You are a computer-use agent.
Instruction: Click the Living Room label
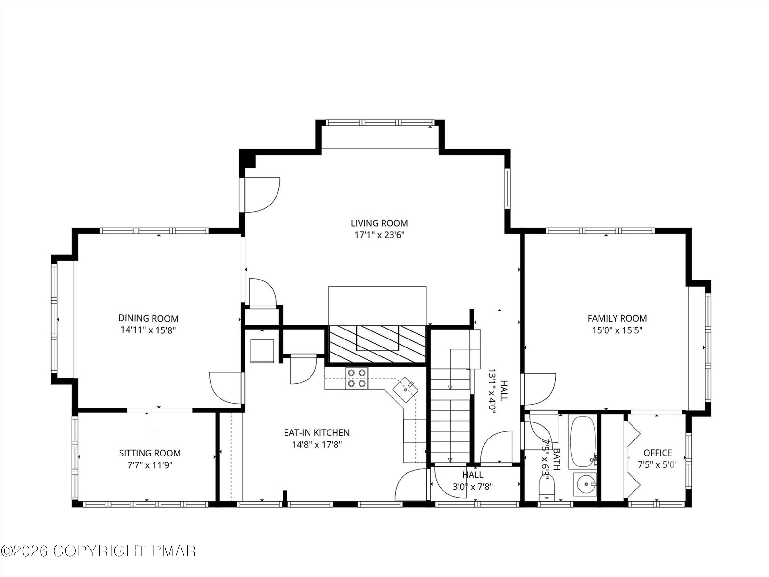(379, 223)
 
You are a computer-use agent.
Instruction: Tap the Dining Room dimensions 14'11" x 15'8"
(148, 330)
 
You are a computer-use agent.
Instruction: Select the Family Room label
(617, 318)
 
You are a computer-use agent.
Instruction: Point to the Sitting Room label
(150, 453)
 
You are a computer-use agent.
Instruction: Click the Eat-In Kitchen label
(316, 432)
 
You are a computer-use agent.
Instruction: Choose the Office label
(657, 453)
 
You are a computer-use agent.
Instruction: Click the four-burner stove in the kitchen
(357, 378)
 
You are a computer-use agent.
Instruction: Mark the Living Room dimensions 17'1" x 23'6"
(379, 235)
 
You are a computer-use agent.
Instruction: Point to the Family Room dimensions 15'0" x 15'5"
(617, 330)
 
